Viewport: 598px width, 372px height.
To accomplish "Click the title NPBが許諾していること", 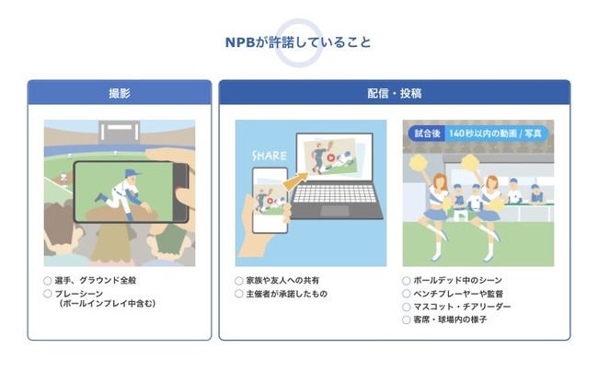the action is (x=298, y=42).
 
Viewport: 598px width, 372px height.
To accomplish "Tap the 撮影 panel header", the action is (x=120, y=93).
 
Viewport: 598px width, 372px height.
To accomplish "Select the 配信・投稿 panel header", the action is (x=395, y=93).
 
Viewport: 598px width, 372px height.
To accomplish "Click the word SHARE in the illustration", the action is (x=270, y=156).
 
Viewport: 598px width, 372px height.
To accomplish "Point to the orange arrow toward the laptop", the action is (x=295, y=181).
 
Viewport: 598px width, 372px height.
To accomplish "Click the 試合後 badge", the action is (x=428, y=134).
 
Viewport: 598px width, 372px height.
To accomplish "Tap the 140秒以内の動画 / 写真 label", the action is (x=495, y=134).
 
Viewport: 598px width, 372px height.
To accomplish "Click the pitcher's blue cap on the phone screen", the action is (x=132, y=173).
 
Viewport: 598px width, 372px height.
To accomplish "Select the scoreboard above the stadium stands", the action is (x=120, y=131).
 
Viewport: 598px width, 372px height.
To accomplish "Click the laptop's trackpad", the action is (x=335, y=211).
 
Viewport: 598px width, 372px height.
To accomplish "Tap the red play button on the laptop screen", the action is (x=331, y=157).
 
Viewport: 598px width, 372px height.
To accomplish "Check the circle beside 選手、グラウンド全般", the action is (x=48, y=281).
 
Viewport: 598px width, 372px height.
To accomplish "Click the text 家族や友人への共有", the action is (x=282, y=281).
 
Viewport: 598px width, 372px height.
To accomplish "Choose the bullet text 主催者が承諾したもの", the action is (x=287, y=294).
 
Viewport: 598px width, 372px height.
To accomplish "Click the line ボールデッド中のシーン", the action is (x=457, y=281).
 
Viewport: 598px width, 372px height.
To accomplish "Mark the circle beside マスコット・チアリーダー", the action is (x=406, y=307).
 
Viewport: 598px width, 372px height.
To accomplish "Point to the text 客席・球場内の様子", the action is (x=450, y=320).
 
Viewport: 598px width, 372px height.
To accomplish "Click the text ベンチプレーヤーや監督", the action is (x=458, y=294).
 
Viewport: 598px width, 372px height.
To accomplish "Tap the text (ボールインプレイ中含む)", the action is (x=108, y=304).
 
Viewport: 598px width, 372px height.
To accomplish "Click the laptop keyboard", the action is (x=335, y=193).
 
